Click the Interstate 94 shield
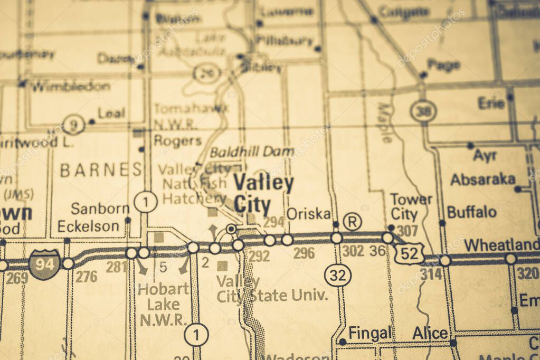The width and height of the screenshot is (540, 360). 44,263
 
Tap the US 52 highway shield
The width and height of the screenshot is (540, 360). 410,253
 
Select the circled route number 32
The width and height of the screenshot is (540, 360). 337,275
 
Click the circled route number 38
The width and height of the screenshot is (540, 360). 423,111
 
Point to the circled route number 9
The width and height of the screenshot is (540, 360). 74,125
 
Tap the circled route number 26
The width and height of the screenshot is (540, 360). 206,73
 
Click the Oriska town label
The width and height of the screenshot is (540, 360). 309,214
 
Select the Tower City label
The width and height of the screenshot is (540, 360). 411,207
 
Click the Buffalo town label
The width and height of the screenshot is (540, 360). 471,212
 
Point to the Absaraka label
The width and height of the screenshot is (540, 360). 482,179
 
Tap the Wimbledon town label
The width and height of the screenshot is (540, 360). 70,86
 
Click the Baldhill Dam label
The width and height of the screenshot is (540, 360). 252,152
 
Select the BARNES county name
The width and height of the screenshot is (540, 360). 101,169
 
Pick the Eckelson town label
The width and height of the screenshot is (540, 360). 88,226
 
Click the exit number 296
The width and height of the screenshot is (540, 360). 304,253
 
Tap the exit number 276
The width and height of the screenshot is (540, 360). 86,276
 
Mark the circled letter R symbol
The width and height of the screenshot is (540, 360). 352,221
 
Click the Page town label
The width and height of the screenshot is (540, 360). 443,64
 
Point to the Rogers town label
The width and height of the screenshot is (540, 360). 177,140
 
